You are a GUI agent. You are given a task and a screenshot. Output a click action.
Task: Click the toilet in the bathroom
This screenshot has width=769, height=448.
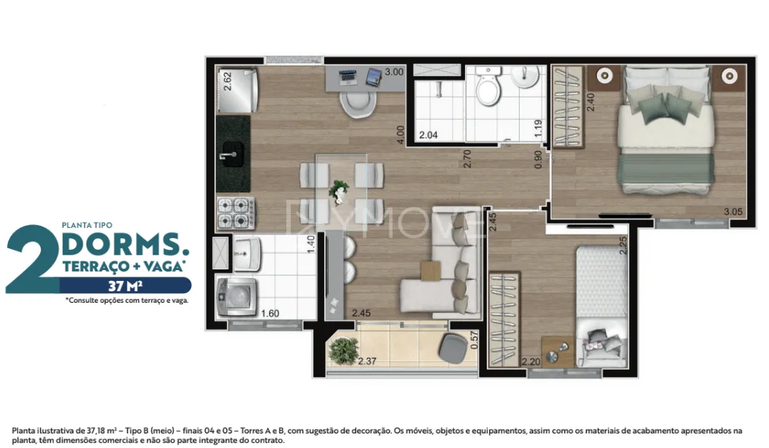point(488,86)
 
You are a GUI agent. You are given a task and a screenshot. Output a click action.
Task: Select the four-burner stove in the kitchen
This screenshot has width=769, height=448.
point(236,213)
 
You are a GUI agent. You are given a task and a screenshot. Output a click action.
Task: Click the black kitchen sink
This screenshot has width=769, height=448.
point(233,154)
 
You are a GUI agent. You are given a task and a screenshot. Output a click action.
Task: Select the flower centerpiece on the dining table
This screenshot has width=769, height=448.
point(339,191)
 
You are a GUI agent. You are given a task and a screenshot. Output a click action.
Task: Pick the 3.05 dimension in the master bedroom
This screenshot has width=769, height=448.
point(733,212)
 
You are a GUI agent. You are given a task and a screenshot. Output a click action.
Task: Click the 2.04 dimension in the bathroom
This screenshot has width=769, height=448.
point(428,135)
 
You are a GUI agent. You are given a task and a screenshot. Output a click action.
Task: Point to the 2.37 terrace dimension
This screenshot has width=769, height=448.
point(367,362)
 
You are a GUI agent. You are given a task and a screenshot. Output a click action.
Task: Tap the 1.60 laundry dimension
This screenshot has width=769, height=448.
point(270,313)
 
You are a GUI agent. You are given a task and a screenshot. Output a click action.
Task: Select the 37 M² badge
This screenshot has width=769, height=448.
point(126,285)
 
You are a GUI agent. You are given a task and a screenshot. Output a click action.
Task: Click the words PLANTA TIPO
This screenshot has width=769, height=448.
point(86,225)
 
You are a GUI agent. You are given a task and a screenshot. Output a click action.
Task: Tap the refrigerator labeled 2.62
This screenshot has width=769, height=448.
point(238,91)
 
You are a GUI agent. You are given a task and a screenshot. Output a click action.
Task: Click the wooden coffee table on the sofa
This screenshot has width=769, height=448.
point(431,271)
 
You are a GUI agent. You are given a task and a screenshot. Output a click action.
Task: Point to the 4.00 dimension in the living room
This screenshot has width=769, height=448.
point(400,135)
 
